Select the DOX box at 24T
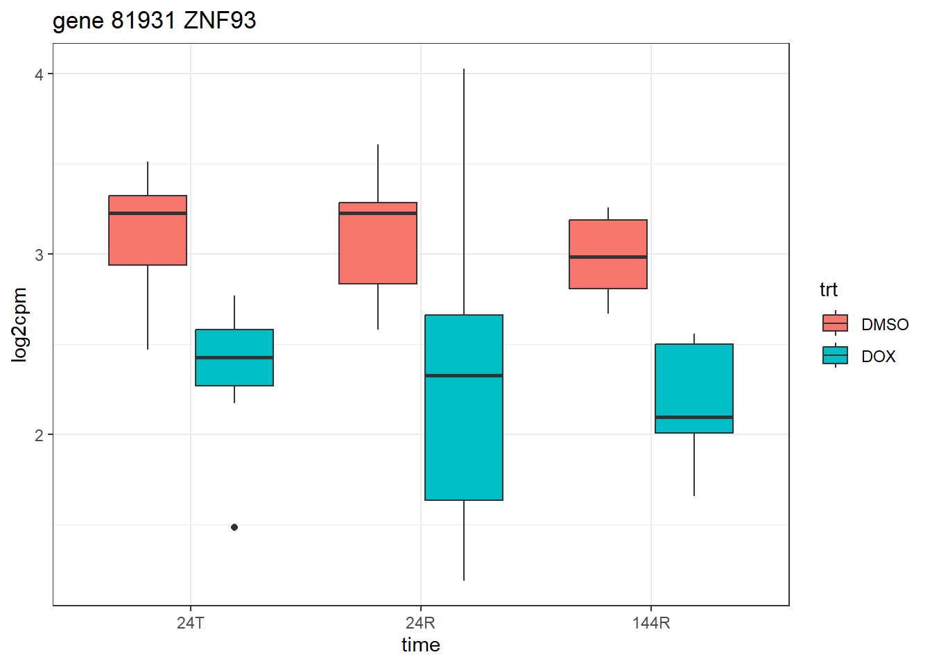pyautogui.click(x=234, y=371)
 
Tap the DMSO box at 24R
pyautogui.click(x=378, y=250)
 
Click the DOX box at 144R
pyautogui.click(x=694, y=382)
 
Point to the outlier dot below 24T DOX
pyautogui.click(x=234, y=527)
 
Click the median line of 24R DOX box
pyautogui.click(x=464, y=375)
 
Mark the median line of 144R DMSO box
pyautogui.click(x=608, y=257)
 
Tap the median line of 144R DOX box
pyautogui.click(x=694, y=417)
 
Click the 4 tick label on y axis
pyautogui.click(x=39, y=74)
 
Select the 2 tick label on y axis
pyautogui.click(x=39, y=435)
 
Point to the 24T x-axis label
pyautogui.click(x=191, y=623)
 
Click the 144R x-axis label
pyautogui.click(x=651, y=623)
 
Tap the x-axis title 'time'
pyautogui.click(x=420, y=645)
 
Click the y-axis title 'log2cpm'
pyautogui.click(x=19, y=325)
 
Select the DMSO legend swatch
pyautogui.click(x=835, y=323)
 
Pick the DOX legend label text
pyautogui.click(x=879, y=357)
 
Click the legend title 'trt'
pyautogui.click(x=828, y=290)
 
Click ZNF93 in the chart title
pyautogui.click(x=220, y=21)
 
